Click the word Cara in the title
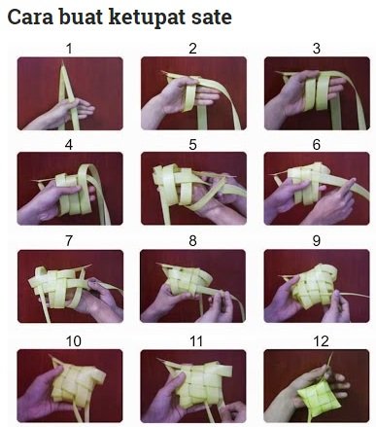click(30, 17)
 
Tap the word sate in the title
click(212, 18)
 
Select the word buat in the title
click(81, 17)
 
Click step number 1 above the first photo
click(69, 49)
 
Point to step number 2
click(192, 49)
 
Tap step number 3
click(317, 49)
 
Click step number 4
click(69, 145)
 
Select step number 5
click(192, 145)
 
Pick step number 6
click(317, 145)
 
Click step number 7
click(69, 241)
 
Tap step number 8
click(192, 241)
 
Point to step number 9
click(317, 241)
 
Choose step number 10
click(73, 341)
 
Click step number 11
click(196, 341)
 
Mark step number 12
click(321, 341)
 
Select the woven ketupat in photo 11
click(202, 382)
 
